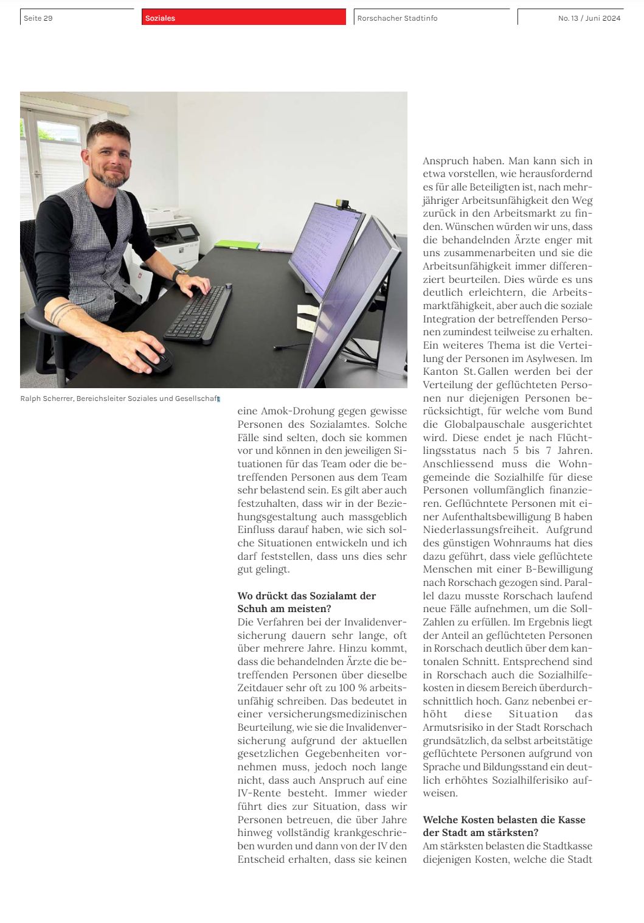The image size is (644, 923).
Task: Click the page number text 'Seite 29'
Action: pyautogui.click(x=38, y=18)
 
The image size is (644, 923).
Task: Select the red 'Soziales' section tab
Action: pyautogui.click(x=160, y=18)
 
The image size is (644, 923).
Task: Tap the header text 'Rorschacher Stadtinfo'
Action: pyautogui.click(x=397, y=18)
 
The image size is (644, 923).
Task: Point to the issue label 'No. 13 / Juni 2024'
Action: pyautogui.click(x=589, y=18)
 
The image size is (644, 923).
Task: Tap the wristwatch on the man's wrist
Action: pyautogui.click(x=177, y=276)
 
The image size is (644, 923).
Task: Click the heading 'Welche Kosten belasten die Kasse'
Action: pyautogui.click(x=504, y=820)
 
